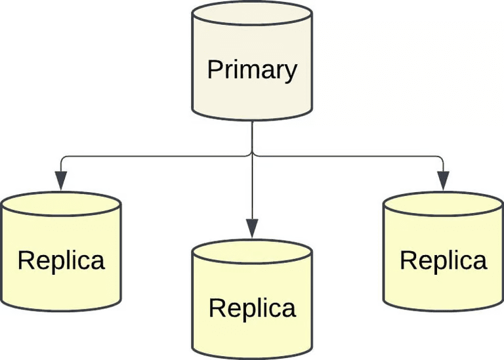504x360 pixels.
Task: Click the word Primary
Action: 252,69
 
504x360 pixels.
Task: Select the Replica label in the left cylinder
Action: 61,260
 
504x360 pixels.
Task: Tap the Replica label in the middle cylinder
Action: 252,308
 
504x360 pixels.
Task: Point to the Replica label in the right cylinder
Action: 444,260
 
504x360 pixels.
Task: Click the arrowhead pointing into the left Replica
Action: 61,181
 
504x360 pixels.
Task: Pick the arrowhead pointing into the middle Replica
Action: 252,228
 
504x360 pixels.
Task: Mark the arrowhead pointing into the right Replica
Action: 444,181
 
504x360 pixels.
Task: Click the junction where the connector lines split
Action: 252,156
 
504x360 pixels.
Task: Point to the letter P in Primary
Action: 213,69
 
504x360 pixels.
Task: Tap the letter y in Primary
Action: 291,71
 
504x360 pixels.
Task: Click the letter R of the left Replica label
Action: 24,260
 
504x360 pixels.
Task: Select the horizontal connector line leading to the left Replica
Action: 157,156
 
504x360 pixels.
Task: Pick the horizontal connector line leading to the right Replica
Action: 348,156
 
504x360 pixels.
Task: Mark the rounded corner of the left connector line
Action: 63,158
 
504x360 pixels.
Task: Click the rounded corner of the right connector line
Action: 442,158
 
